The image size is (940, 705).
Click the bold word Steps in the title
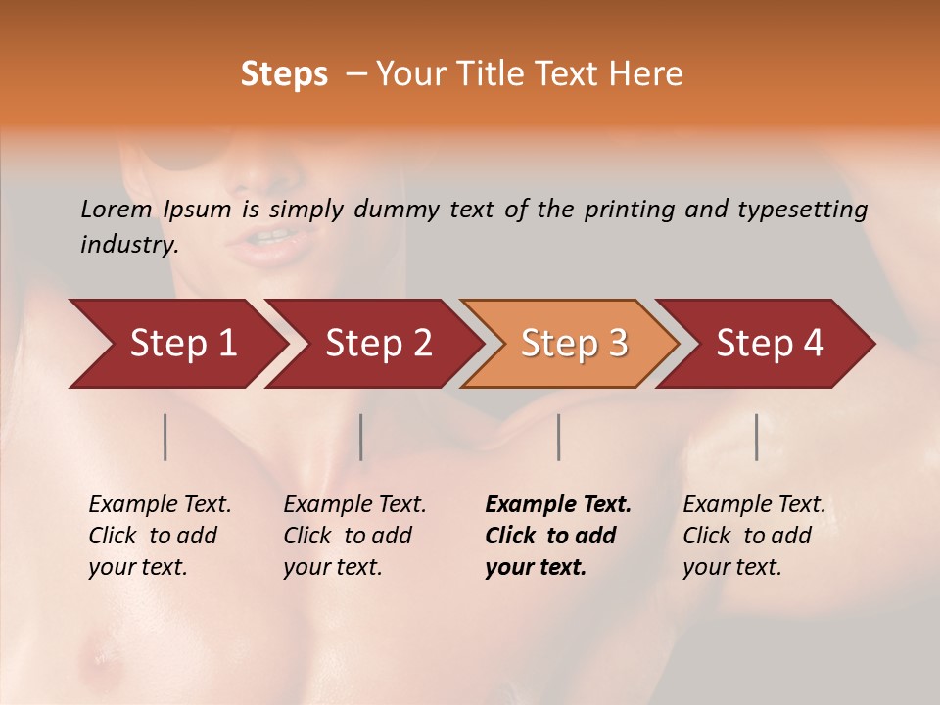coord(284,74)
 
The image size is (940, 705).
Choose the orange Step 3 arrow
coord(573,344)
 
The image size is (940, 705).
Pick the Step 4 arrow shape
coord(769,344)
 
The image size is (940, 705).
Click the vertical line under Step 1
coord(165,437)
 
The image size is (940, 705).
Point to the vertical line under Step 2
coord(361,437)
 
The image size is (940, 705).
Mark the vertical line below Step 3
coord(559,437)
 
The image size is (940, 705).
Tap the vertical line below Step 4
coord(757,437)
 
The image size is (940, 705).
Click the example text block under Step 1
coord(160,536)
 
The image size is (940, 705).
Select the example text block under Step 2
coord(354,536)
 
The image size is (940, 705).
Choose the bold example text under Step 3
coord(558,536)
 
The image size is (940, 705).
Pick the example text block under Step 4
coord(754,536)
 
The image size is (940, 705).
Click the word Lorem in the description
coord(117,210)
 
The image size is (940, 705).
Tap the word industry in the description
coord(129,245)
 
